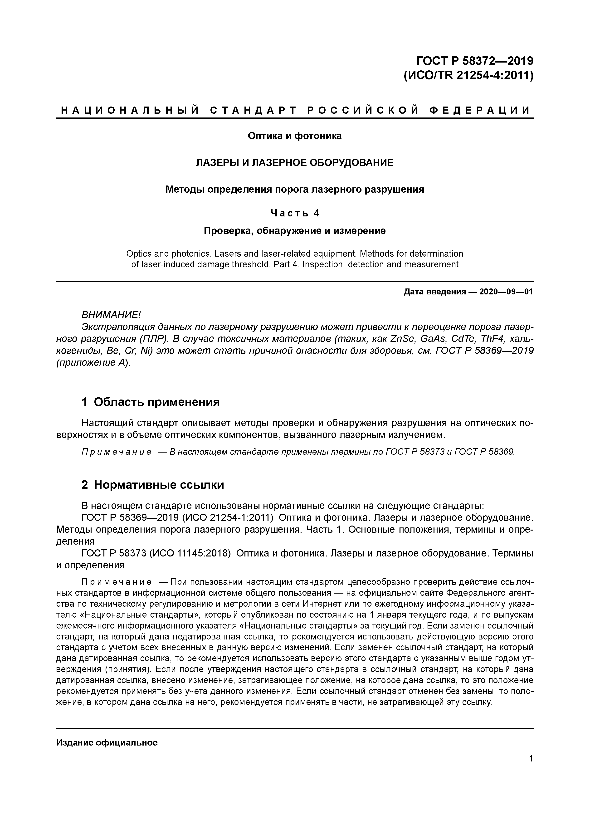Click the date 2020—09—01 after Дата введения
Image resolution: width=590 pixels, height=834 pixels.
point(506,292)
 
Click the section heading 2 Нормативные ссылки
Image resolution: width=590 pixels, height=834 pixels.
point(153,485)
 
